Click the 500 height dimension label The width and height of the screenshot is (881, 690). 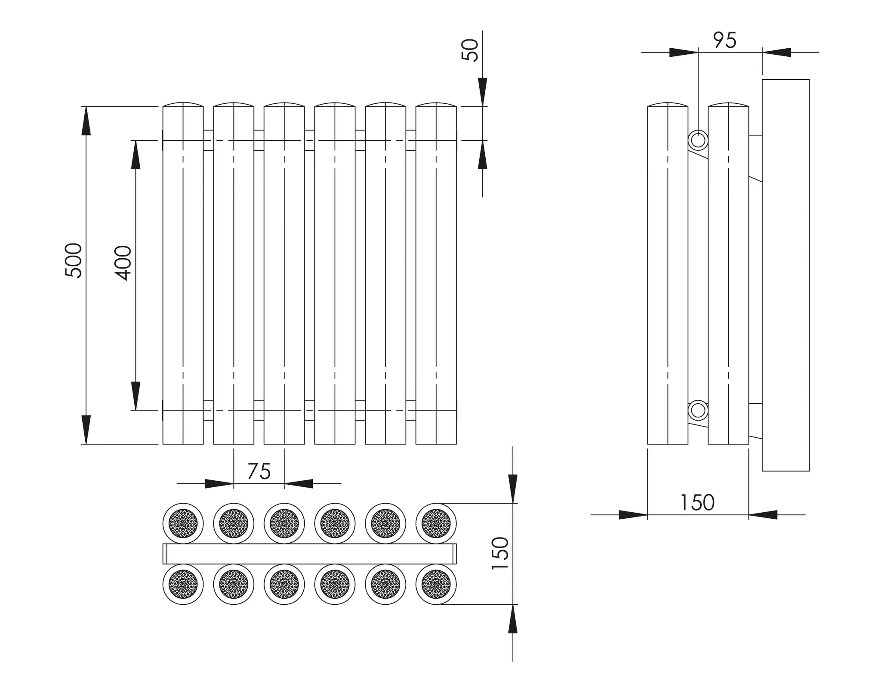point(73,260)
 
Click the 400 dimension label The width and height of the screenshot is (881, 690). point(123,263)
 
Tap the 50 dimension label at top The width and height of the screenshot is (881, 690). point(470,50)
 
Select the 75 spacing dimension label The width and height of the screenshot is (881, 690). point(259,471)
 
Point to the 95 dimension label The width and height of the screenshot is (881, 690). point(725,40)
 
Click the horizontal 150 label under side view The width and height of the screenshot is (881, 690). point(697,502)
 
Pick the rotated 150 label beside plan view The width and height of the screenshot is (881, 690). point(500,554)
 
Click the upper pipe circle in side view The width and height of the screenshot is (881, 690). point(698,140)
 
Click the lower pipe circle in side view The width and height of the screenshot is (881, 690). point(698,411)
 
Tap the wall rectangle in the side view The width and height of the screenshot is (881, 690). point(786,275)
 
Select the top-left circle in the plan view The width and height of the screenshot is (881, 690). point(183,523)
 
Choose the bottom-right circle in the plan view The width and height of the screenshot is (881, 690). point(436,584)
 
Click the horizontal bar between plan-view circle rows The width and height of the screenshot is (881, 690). point(310,554)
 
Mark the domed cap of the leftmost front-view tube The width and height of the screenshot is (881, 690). point(183,105)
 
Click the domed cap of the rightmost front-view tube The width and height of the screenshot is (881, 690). point(436,105)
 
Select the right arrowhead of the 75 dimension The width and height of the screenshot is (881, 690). point(299,484)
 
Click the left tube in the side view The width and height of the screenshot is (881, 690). point(668,275)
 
